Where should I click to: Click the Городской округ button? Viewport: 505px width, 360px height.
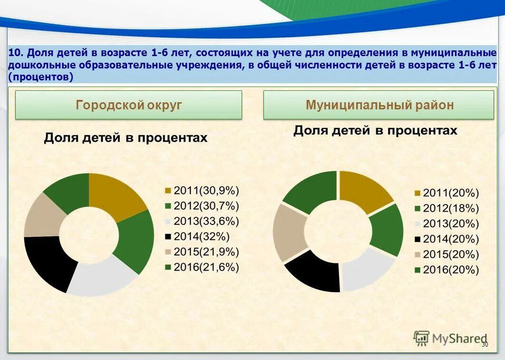128,105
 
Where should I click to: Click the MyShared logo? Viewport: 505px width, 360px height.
449,338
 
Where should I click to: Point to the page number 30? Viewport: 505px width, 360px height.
485,345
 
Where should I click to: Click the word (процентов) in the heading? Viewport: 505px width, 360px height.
40,77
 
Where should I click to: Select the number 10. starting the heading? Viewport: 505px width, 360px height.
16,52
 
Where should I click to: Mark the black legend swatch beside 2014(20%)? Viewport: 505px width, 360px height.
418,239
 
